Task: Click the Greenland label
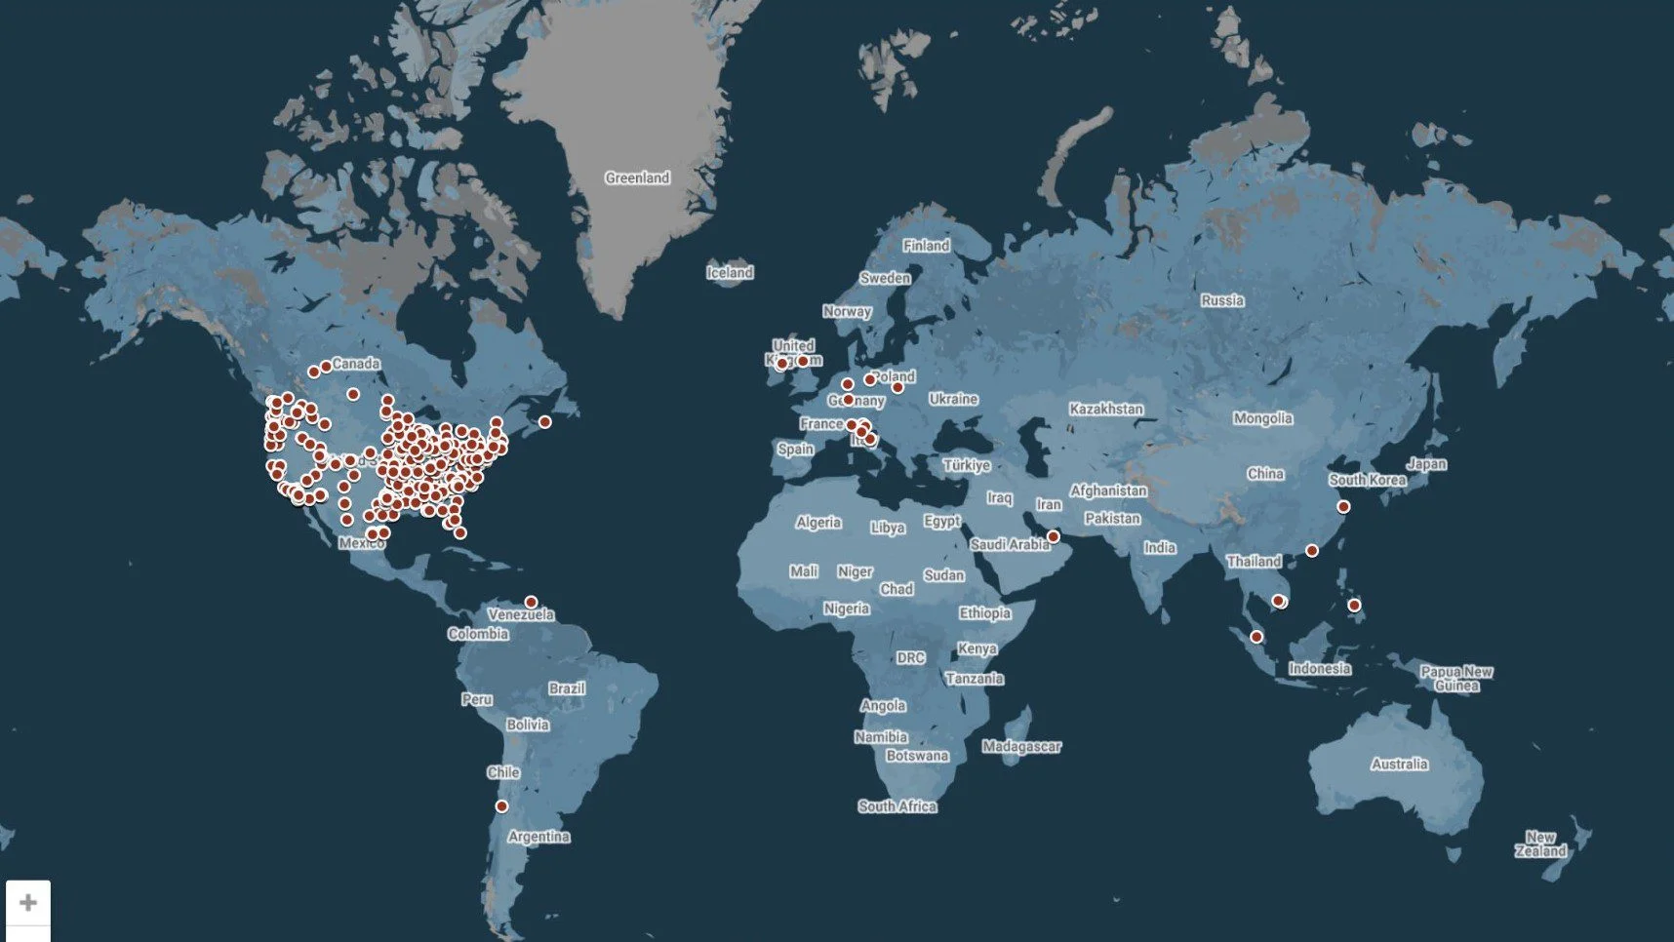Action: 637,177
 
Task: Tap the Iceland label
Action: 730,273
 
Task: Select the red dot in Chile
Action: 501,806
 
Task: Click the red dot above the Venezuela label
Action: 531,602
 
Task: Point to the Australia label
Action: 1399,765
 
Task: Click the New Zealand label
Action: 1540,844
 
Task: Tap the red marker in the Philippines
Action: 1354,606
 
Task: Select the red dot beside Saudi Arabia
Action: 1054,536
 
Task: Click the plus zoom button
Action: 28,903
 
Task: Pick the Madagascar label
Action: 1021,747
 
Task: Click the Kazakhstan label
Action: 1105,410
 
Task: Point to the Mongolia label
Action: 1262,418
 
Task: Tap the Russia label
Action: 1222,300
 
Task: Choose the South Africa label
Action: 897,806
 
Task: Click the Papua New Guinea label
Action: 1456,678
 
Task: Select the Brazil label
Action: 566,688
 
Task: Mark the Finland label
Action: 926,246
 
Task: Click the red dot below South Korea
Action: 1343,507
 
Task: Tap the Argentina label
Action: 538,837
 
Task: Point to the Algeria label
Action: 817,523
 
